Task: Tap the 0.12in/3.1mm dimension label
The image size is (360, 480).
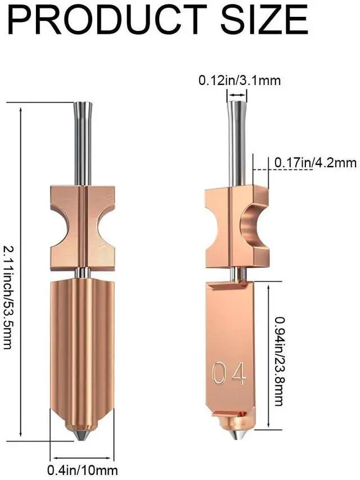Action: [239, 80]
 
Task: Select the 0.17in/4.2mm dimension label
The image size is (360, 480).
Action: [315, 163]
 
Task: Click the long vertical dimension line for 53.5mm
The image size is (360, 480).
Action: [21, 271]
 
